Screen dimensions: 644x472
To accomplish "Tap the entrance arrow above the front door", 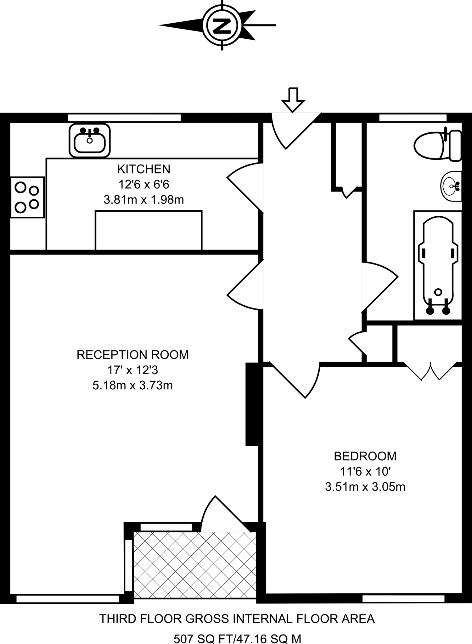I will tap(293, 100).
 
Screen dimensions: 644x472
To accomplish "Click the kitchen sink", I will tap(90, 141).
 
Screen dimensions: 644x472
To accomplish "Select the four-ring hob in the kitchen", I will tap(27, 197).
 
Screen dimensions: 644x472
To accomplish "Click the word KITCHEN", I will tap(144, 169).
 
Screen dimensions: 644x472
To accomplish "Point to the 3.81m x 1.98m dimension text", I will tap(144, 200).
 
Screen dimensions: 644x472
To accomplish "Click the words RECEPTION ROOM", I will tap(132, 355).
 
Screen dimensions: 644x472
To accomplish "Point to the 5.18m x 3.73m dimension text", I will tap(132, 385).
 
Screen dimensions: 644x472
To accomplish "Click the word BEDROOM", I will tap(365, 456).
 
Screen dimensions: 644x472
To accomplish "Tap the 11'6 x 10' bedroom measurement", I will tap(365, 471).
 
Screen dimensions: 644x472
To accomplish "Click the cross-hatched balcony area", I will tap(195, 565).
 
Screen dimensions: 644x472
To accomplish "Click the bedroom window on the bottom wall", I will tap(403, 598).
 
